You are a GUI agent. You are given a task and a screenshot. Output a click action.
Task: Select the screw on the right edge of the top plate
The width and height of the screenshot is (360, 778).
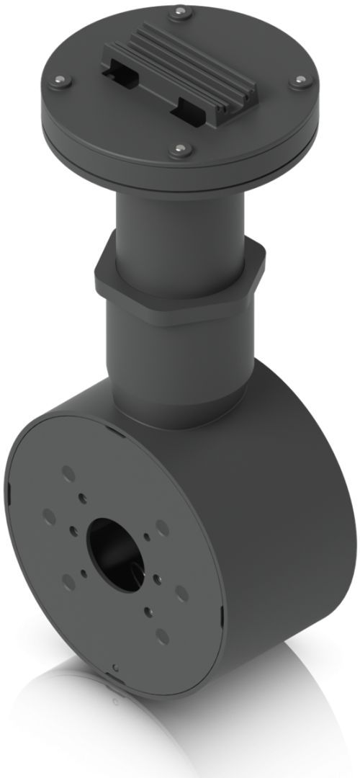(297, 82)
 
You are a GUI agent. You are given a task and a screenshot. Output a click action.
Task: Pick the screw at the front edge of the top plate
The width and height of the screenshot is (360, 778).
(179, 150)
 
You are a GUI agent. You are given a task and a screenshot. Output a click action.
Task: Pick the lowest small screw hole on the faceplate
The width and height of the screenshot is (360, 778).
(148, 611)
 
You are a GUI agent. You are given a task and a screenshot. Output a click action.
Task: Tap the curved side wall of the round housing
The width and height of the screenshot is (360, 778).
(288, 504)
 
